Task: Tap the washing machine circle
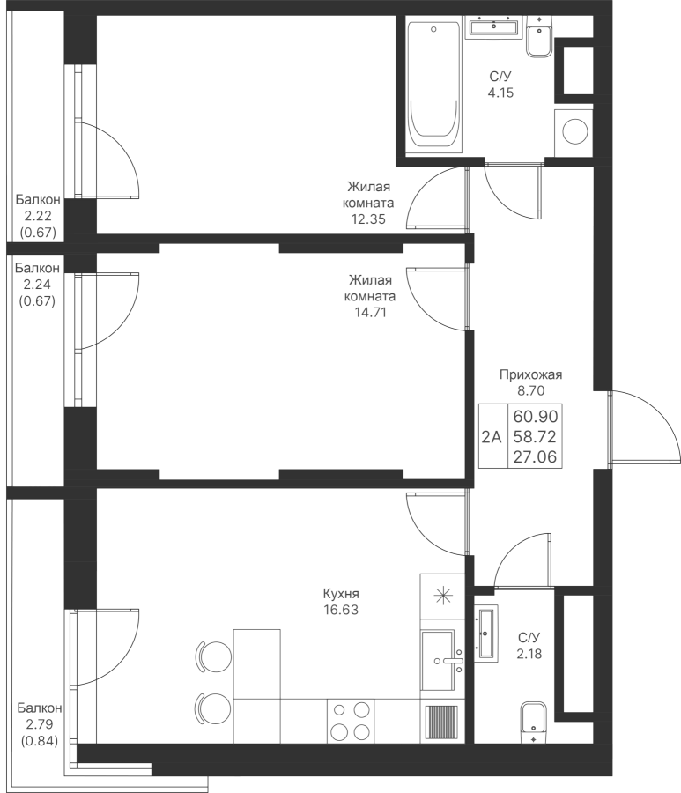coord(574,132)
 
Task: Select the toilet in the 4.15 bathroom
coord(539,36)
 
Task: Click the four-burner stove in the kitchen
coord(350,721)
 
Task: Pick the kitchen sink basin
coord(439,660)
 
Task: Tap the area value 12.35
coord(368,219)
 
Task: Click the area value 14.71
coord(370,312)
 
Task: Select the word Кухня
coord(341,593)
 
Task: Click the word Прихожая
coord(531,374)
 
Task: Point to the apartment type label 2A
coord(492,436)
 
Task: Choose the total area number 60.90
coord(536,416)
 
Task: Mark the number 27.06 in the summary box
coord(535,457)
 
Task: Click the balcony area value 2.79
coord(40,724)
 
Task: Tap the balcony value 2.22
coord(38,216)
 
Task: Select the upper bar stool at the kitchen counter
coord(213,656)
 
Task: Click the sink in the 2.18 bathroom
coord(486,632)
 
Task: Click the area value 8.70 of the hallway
coord(531,390)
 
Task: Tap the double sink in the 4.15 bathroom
coord(494,26)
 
